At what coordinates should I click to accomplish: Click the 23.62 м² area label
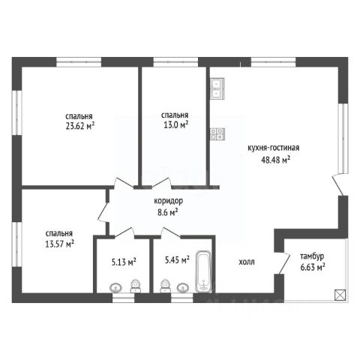(x=80, y=127)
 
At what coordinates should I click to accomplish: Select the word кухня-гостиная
(x=273, y=148)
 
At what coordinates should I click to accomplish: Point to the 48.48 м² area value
(x=275, y=159)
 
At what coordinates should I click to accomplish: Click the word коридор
(x=169, y=201)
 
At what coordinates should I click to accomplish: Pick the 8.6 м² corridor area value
(x=169, y=213)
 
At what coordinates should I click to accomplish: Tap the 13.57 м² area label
(x=59, y=244)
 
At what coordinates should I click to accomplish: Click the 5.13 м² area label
(x=124, y=262)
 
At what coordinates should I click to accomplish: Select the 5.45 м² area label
(x=177, y=260)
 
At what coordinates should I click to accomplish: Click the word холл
(x=247, y=262)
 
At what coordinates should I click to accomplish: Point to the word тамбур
(x=312, y=256)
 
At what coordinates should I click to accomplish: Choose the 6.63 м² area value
(x=313, y=268)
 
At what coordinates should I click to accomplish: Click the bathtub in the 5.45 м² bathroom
(x=203, y=271)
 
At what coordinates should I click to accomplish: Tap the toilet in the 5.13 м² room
(x=136, y=286)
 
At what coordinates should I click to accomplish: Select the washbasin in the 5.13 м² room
(x=115, y=288)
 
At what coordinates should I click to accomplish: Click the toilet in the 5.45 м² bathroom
(x=164, y=286)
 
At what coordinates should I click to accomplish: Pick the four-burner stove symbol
(x=217, y=133)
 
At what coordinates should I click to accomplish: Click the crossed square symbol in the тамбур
(x=340, y=294)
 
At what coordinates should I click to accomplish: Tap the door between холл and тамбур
(x=284, y=264)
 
